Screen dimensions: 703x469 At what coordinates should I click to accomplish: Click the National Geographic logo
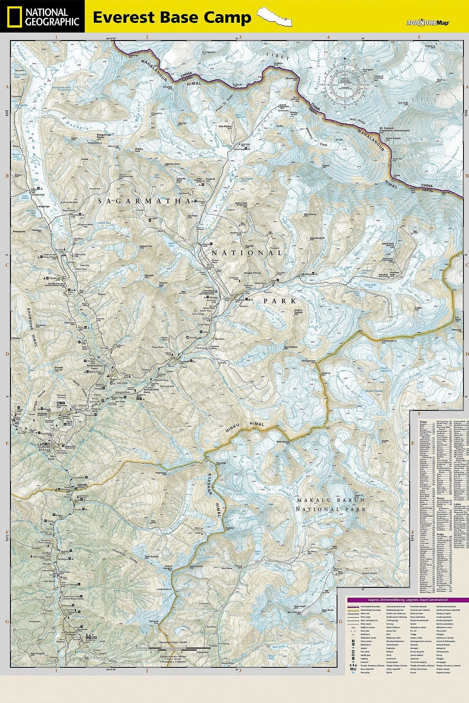[x=42, y=16]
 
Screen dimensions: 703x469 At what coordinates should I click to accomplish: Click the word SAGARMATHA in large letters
[x=144, y=202]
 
